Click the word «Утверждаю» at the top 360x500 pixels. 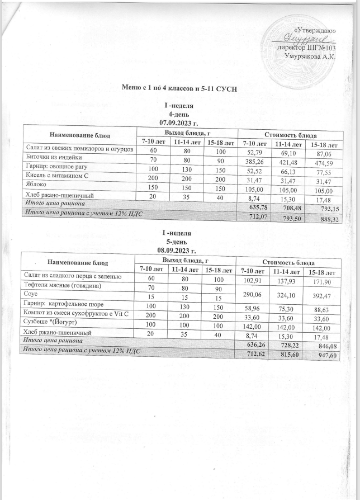coord(314,29)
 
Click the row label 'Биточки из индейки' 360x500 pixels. coord(49,158)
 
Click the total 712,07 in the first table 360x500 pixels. coord(254,214)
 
